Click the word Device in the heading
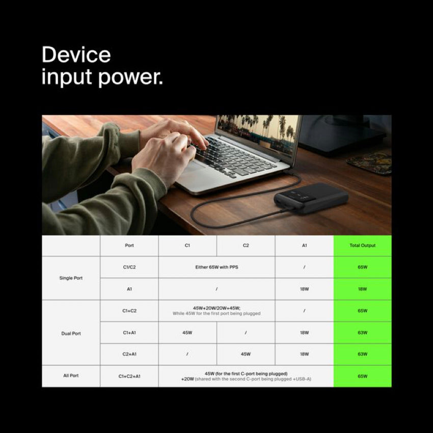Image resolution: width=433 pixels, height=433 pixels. pos(76,55)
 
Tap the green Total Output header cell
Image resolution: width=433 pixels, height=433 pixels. pos(362,246)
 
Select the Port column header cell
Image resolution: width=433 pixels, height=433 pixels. pos(129,246)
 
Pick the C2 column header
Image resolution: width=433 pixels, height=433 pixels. pos(246,246)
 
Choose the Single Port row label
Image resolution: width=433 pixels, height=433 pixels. pos(71,278)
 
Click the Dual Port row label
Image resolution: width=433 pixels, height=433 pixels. pos(71,333)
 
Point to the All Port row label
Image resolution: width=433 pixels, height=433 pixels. pos(71,376)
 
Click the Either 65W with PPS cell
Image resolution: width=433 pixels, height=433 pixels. pos(216,267)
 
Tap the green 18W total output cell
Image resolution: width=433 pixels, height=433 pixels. pos(362,289)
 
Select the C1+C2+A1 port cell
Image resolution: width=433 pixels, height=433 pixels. pos(129,376)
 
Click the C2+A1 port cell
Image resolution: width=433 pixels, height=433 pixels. pos(129,354)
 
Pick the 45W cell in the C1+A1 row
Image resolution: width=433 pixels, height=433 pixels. pos(187,333)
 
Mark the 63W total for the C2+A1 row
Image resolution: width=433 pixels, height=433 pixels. pos(362,354)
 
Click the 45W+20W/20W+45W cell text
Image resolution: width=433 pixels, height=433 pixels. pos(216,308)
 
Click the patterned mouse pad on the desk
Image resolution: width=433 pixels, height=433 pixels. pos(369,163)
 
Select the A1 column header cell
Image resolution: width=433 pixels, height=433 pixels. pos(304,246)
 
